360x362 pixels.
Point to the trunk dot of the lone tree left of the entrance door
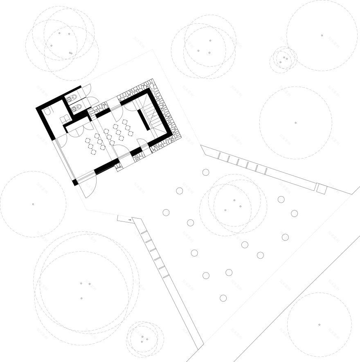pyautogui.click(x=33, y=204)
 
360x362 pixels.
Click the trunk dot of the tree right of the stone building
pyautogui.click(x=296, y=123)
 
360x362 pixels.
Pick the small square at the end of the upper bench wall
pyautogui.click(x=321, y=189)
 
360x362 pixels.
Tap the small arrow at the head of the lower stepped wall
pyautogui.click(x=130, y=220)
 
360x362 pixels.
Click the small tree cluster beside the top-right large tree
pyautogui.click(x=283, y=60)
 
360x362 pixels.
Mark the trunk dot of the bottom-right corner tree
pyautogui.click(x=319, y=324)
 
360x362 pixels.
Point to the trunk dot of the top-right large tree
pyautogui.click(x=322, y=36)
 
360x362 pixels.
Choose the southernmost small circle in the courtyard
pyautogui.click(x=223, y=298)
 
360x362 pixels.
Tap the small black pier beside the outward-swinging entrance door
pyautogui.click(x=75, y=183)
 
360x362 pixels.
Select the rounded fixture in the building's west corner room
pyautogui.click(x=47, y=112)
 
